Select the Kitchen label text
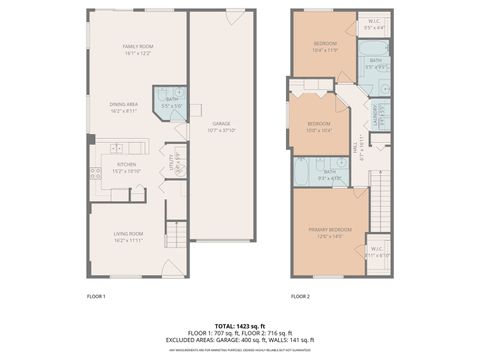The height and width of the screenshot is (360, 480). tap(127, 165)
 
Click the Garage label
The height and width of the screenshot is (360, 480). tap(221, 124)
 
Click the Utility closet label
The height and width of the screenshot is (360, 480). tap(173, 162)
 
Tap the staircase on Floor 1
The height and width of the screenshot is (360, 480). tap(176, 235)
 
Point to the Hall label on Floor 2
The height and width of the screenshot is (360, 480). tap(357, 151)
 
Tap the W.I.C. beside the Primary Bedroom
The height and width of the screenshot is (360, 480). tap(377, 251)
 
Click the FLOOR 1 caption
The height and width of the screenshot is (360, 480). tap(96, 296)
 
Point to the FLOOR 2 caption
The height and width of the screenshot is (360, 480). tap(301, 296)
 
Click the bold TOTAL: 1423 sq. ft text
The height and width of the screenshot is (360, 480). tap(240, 325)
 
